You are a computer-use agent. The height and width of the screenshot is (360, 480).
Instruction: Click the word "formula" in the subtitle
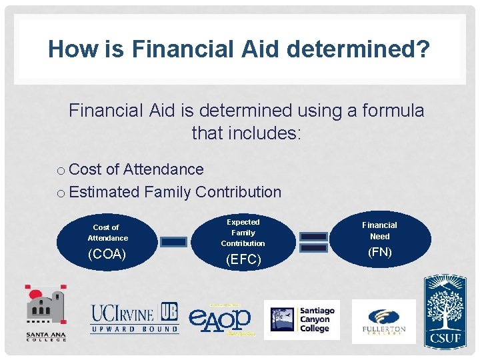pyautogui.click(x=393, y=110)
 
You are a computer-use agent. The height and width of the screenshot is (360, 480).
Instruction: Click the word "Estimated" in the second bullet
pyautogui.click(x=104, y=192)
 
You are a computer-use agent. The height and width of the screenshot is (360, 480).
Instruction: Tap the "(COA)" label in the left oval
pyautogui.click(x=107, y=255)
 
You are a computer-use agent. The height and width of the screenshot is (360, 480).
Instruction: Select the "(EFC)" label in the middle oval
pyautogui.click(x=243, y=259)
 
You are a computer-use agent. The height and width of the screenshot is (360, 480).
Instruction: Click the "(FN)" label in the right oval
pyautogui.click(x=379, y=252)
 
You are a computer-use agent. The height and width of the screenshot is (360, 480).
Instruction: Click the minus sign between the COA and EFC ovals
pyautogui.click(x=174, y=242)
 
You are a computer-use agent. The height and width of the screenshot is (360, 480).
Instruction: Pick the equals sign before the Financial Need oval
pyautogui.click(x=313, y=242)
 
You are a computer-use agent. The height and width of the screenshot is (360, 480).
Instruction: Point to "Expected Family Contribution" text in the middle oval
pyautogui.click(x=243, y=232)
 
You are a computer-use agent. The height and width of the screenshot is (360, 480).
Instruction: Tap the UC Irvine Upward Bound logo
pyautogui.click(x=135, y=318)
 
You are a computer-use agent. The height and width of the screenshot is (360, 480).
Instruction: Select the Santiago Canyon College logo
pyautogui.click(x=301, y=319)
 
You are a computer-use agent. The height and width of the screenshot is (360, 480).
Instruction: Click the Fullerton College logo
pyautogui.click(x=383, y=321)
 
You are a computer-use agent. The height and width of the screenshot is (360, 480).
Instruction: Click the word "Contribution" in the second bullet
pyautogui.click(x=238, y=192)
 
